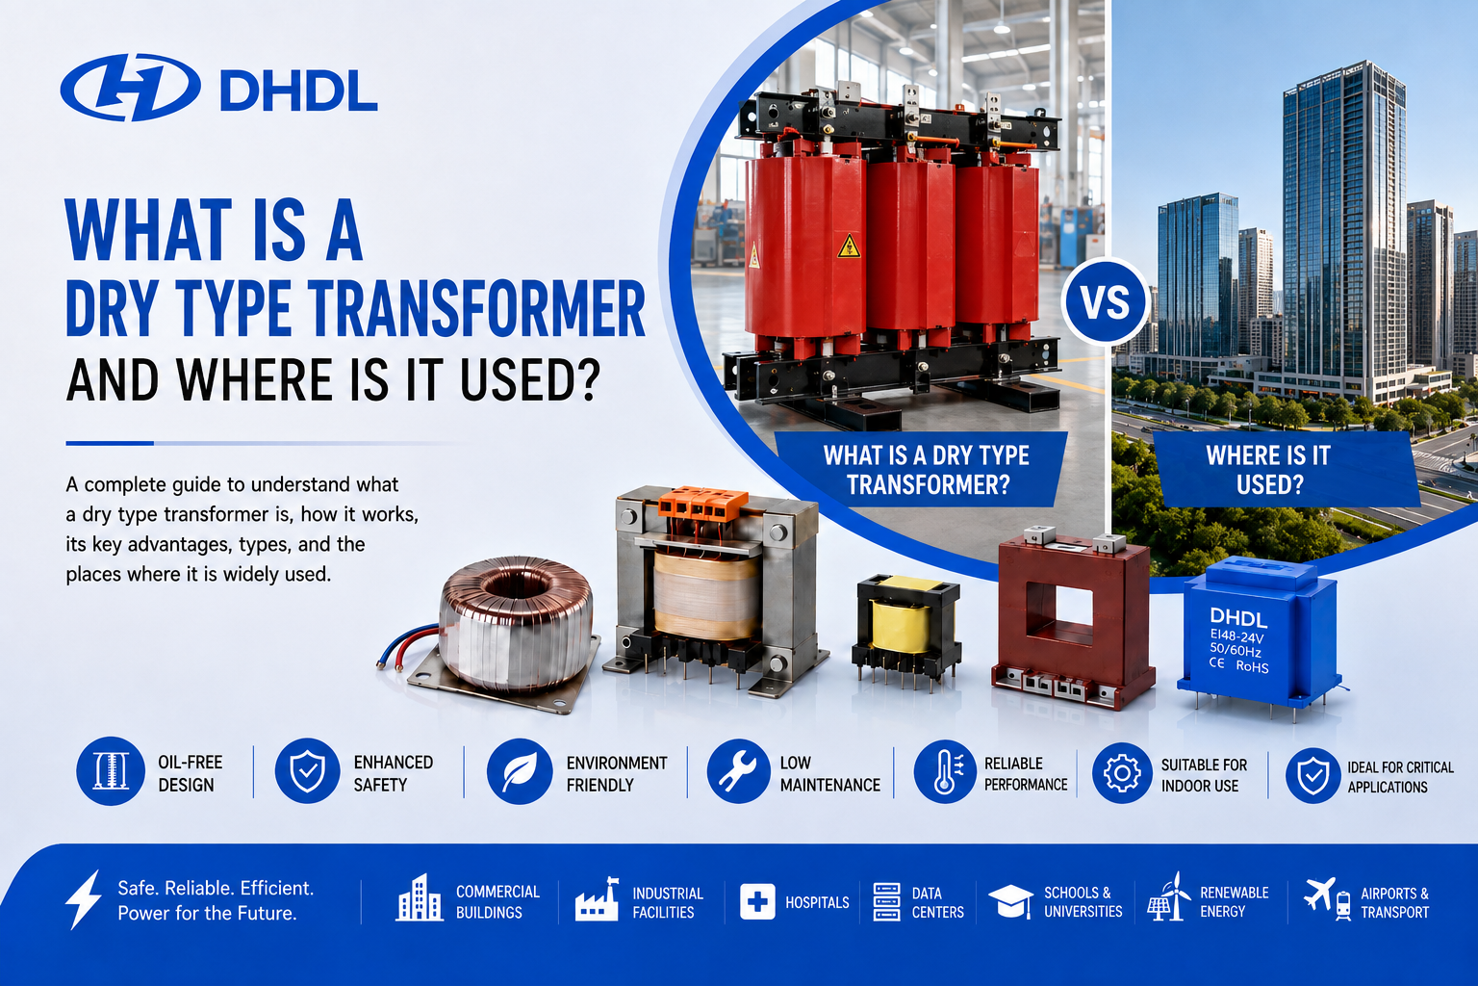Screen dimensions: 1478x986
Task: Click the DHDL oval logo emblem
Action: pyautogui.click(x=131, y=88)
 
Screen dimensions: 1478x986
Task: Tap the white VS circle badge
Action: pyautogui.click(x=1106, y=301)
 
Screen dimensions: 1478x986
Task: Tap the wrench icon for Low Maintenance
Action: pyautogui.click(x=738, y=770)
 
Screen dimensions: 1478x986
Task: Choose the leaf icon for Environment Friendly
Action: pyautogui.click(x=520, y=770)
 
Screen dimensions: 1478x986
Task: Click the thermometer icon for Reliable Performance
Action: pyautogui.click(x=945, y=771)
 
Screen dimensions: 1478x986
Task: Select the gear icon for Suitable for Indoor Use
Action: pyautogui.click(x=1122, y=772)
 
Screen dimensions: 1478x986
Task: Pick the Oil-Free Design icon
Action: pyautogui.click(x=111, y=770)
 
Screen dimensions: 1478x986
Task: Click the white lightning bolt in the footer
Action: pyautogui.click(x=84, y=898)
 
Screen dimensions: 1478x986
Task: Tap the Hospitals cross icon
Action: pyautogui.click(x=757, y=901)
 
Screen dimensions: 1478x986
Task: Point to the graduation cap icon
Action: pyautogui.click(x=1011, y=901)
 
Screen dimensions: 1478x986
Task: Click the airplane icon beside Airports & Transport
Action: pyautogui.click(x=1319, y=894)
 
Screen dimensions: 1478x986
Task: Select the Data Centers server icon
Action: pyautogui.click(x=886, y=902)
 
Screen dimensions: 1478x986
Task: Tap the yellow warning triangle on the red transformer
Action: pyautogui.click(x=849, y=246)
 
